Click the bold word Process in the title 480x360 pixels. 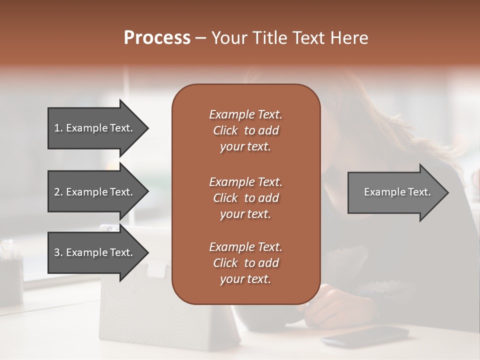157,38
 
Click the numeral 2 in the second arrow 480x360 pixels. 57,192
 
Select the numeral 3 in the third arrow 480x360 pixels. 57,252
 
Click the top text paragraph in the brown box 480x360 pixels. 245,130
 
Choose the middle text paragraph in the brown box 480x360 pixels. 245,198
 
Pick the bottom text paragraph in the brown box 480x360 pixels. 245,263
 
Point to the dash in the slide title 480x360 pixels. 200,38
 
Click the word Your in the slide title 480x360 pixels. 228,38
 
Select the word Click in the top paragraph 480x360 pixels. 225,130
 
